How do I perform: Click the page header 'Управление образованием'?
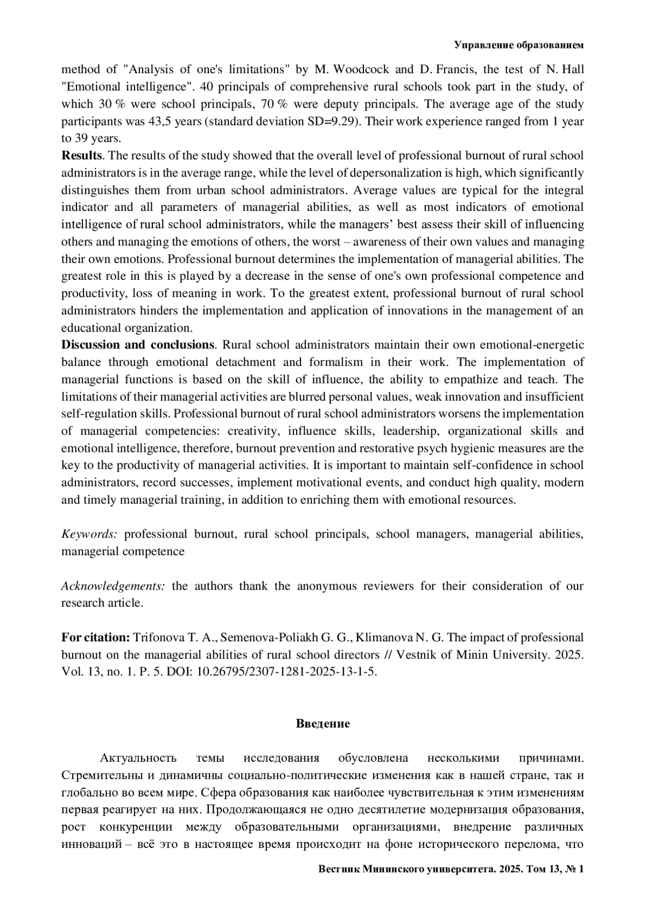tap(518, 45)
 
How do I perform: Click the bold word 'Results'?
tap(81, 156)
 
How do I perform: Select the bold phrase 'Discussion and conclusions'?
tap(138, 345)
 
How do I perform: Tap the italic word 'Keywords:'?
tap(89, 534)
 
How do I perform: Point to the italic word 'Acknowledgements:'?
tap(113, 586)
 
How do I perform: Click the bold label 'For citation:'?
tap(95, 638)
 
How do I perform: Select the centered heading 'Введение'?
tap(322, 724)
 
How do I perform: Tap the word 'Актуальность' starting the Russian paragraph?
tap(138, 759)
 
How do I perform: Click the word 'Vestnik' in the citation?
tap(416, 655)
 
